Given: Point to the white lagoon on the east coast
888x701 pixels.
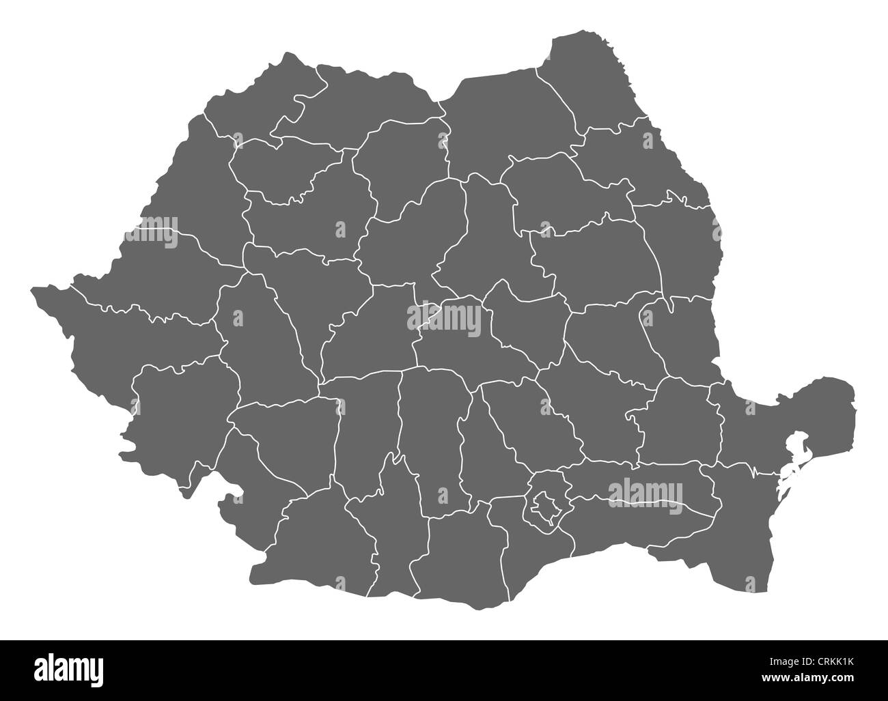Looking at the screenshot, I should point(792,450).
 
